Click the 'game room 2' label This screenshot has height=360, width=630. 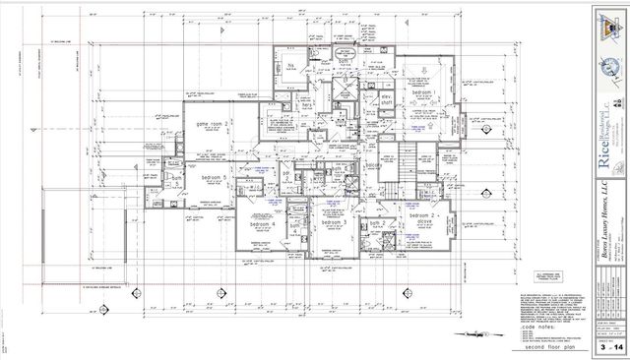(x=213, y=123)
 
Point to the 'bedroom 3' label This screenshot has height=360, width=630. (x=338, y=223)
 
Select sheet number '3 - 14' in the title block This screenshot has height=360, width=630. (x=604, y=346)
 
